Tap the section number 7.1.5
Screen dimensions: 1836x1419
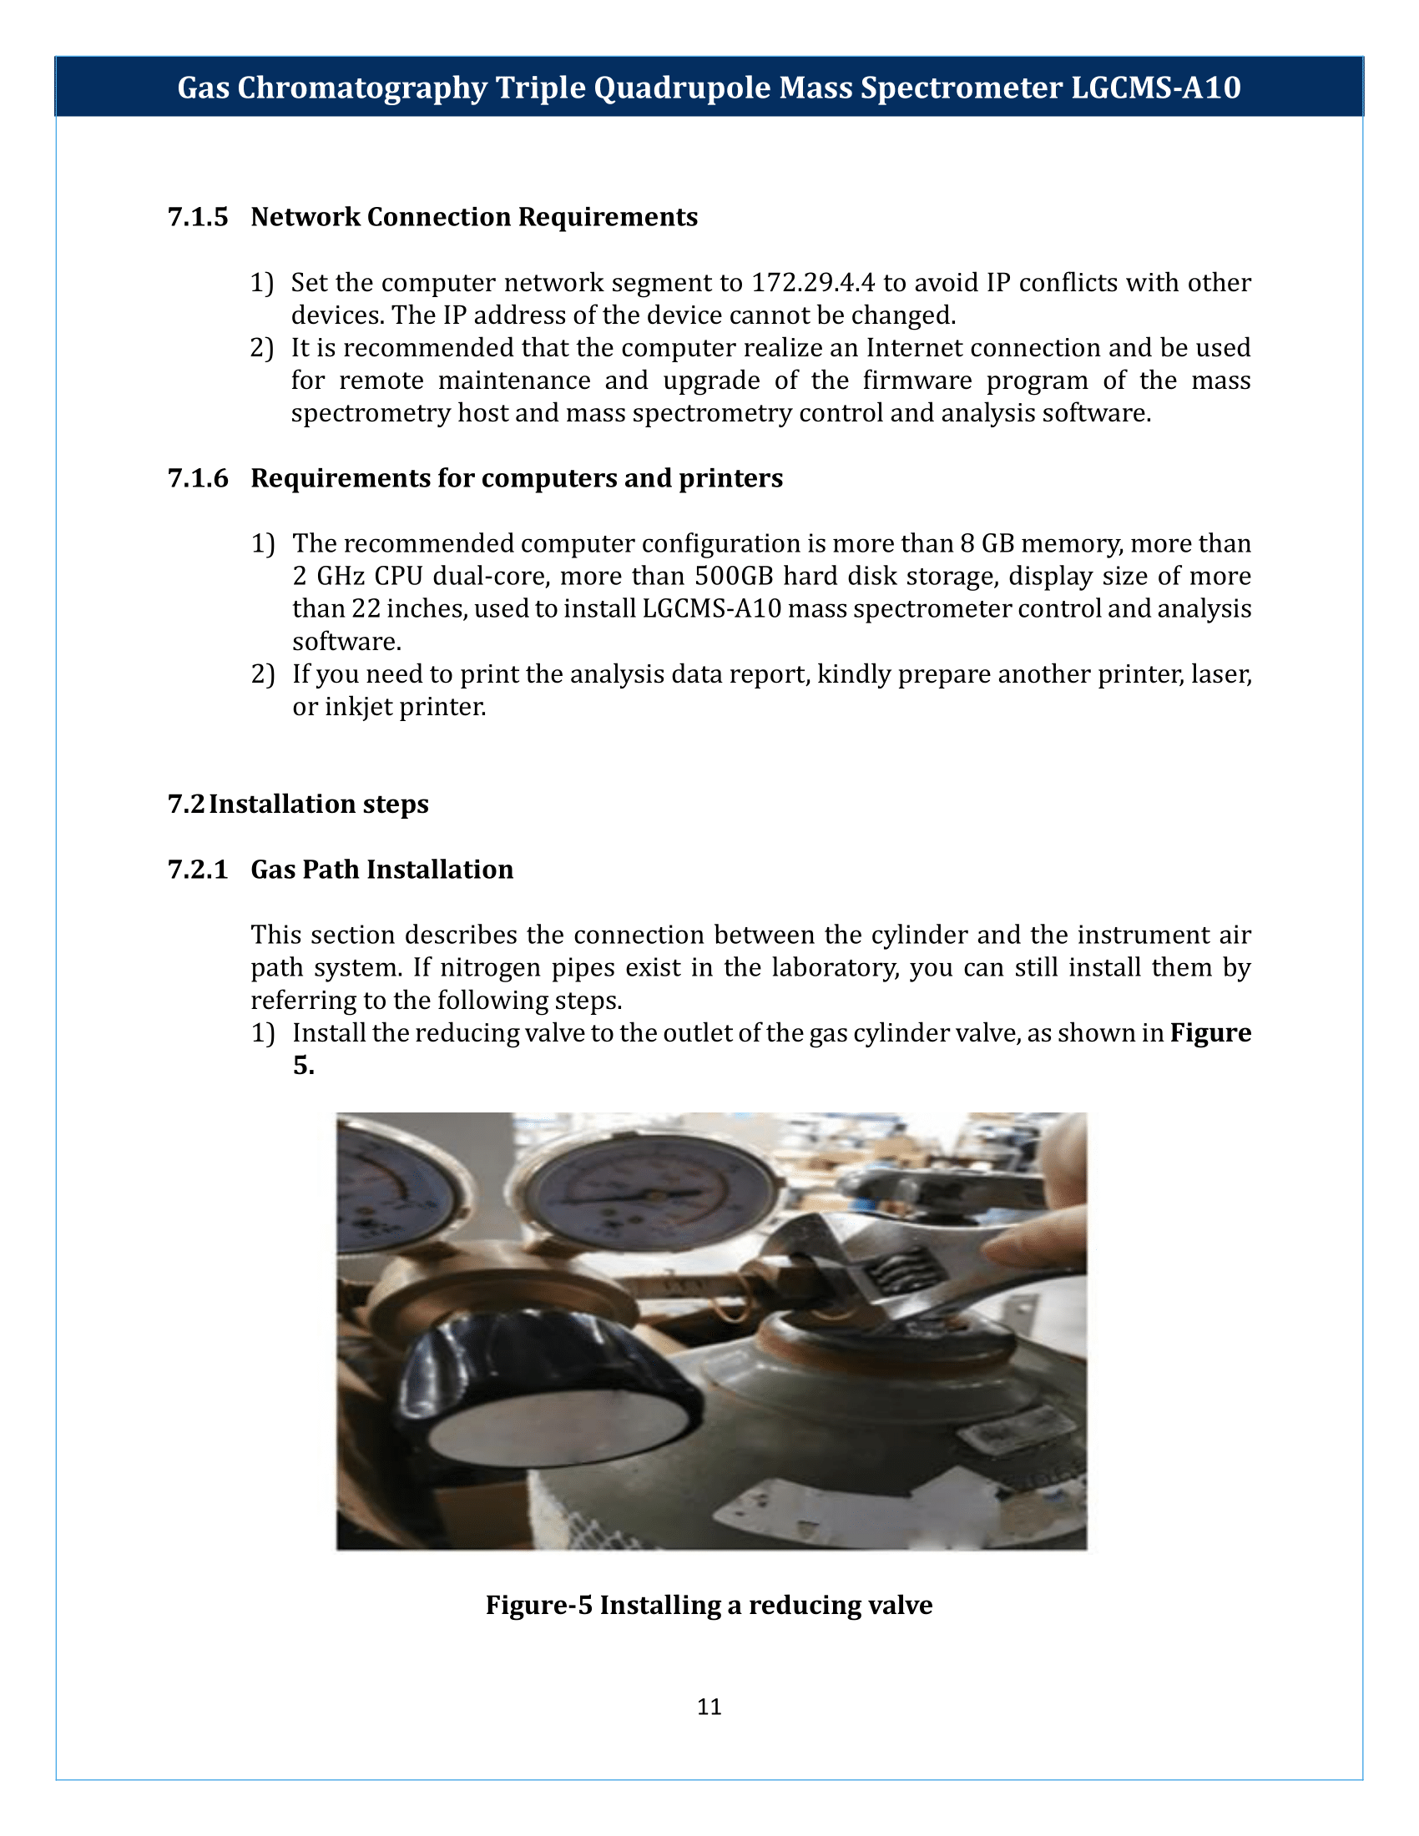tap(198, 217)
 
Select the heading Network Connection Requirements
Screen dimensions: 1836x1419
tap(474, 217)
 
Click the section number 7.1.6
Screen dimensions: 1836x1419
tap(198, 478)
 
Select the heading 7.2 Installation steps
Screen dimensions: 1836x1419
tap(299, 805)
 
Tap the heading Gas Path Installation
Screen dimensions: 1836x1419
tap(381, 870)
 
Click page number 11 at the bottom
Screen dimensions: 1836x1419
tap(709, 1707)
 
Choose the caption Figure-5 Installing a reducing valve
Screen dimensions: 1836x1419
tap(709, 1605)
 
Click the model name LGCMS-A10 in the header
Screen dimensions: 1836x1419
tap(1156, 88)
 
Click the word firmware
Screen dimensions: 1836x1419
tap(917, 381)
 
